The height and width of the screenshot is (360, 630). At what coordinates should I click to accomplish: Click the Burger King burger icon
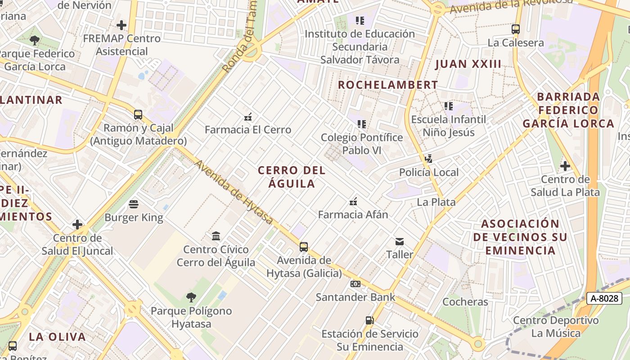pyautogui.click(x=134, y=204)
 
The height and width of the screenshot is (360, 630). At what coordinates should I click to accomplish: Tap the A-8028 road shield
pyautogui.click(x=604, y=298)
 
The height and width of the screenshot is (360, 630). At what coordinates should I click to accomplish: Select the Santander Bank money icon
pyautogui.click(x=355, y=284)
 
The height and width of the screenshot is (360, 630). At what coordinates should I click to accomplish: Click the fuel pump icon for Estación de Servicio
pyautogui.click(x=369, y=320)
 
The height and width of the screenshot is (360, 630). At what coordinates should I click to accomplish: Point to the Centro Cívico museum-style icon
pyautogui.click(x=216, y=236)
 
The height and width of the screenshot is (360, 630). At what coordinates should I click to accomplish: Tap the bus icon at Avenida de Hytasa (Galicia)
pyautogui.click(x=304, y=247)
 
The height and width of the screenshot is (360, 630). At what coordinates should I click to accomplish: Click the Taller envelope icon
pyautogui.click(x=400, y=242)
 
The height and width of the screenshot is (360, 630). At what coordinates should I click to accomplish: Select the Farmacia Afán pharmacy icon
pyautogui.click(x=353, y=201)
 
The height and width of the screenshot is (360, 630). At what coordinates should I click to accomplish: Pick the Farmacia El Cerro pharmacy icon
pyautogui.click(x=247, y=117)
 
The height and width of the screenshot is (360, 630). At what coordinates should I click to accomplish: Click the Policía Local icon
pyautogui.click(x=429, y=158)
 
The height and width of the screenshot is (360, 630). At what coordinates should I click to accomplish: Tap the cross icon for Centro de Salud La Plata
pyautogui.click(x=565, y=166)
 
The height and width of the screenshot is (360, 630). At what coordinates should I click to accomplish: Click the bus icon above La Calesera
pyautogui.click(x=516, y=30)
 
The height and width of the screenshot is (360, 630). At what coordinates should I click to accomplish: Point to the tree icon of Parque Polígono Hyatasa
pyautogui.click(x=191, y=297)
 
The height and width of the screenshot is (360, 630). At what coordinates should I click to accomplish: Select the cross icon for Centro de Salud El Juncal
pyautogui.click(x=77, y=224)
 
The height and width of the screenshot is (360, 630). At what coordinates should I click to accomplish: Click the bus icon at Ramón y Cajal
pyautogui.click(x=138, y=115)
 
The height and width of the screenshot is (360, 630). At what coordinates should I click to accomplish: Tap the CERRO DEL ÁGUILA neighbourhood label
pyautogui.click(x=292, y=177)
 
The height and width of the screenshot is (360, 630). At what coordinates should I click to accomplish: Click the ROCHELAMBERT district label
pyautogui.click(x=387, y=85)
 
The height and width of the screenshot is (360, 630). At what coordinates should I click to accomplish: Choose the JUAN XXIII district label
pyautogui.click(x=468, y=64)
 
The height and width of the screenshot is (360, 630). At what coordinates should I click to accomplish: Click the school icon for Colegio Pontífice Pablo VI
pyautogui.click(x=361, y=124)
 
